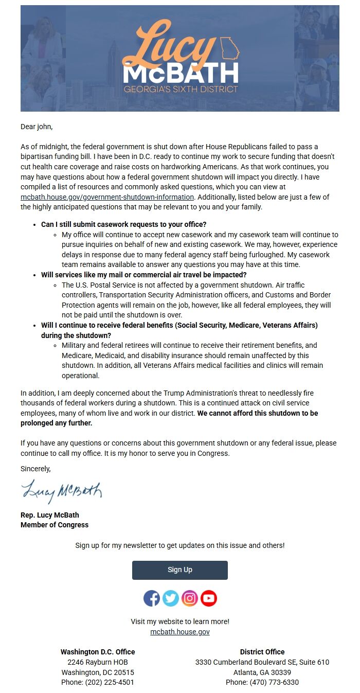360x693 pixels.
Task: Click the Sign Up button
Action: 179,570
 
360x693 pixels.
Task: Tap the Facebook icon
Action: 152,598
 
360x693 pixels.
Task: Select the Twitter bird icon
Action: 171,598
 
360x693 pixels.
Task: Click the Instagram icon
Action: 190,598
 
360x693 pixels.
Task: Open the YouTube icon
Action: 209,598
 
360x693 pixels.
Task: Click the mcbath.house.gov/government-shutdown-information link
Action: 107,197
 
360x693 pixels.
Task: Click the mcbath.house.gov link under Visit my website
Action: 179,632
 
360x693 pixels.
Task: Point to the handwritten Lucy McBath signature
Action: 62,491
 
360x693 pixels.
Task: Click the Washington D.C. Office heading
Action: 98,652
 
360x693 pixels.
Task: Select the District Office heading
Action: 262,652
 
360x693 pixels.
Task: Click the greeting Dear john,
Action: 37,127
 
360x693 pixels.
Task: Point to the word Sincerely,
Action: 35,469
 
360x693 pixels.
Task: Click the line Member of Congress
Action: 55,525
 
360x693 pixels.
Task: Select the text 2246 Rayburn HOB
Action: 98,662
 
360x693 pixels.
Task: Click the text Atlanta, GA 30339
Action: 262,672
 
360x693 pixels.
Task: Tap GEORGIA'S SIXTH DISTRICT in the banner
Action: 181,89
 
